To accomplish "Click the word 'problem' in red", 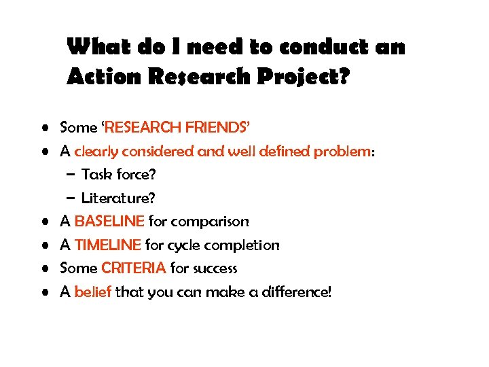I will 342,151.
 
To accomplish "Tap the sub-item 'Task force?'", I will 119,175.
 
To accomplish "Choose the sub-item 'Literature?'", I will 118,198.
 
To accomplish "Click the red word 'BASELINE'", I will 109,221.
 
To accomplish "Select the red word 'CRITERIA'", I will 133,268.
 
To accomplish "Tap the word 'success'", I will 214,268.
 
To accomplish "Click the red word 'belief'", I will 93,292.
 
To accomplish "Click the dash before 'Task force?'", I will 71,175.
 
